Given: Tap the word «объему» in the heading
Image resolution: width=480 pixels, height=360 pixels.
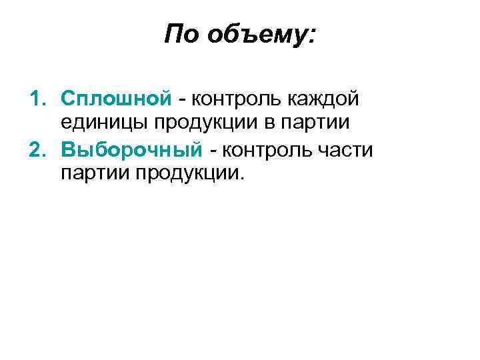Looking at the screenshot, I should tap(256, 35).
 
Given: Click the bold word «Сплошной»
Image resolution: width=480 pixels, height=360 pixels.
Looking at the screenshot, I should tap(117, 99).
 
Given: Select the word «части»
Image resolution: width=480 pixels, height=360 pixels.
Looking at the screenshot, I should tap(345, 149).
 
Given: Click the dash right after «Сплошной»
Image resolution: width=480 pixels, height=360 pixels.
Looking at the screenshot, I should tap(181, 100).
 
